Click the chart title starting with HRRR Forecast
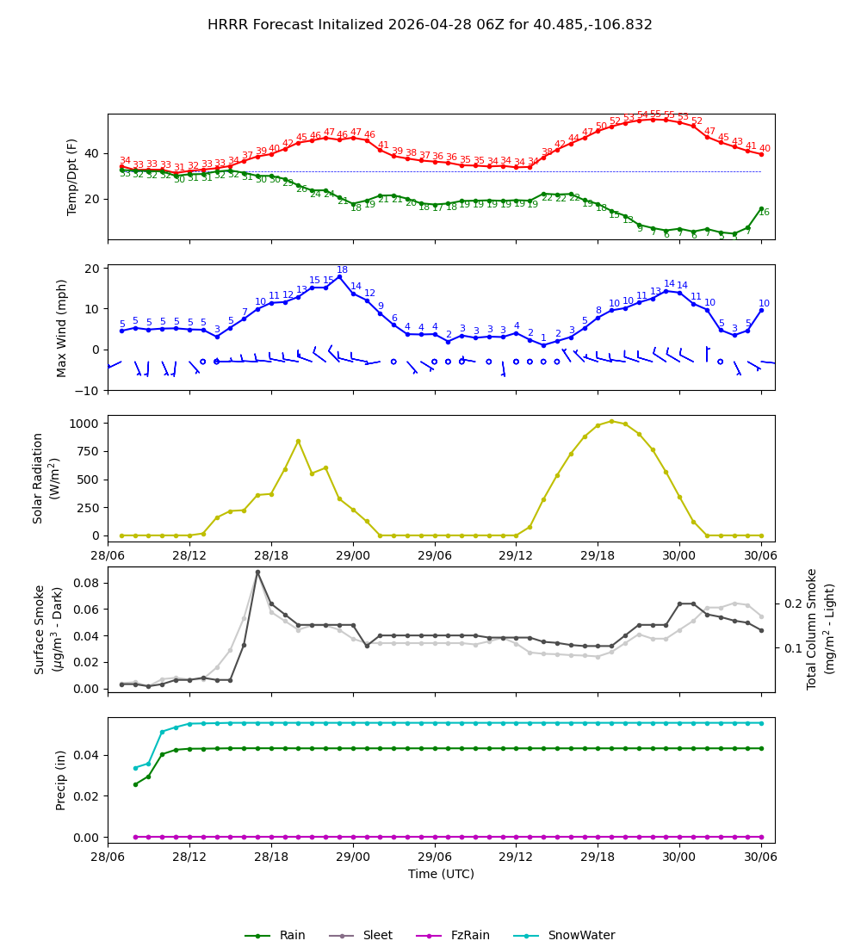[x=430, y=25]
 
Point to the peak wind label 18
[x=342, y=270]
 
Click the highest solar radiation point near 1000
[x=611, y=421]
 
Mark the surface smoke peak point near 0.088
[x=257, y=572]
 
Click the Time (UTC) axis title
[x=441, y=874]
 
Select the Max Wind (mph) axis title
[x=62, y=327]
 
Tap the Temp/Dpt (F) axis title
[x=72, y=176]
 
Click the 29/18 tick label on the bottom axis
[x=598, y=857]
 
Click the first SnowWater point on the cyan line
[x=135, y=768]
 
